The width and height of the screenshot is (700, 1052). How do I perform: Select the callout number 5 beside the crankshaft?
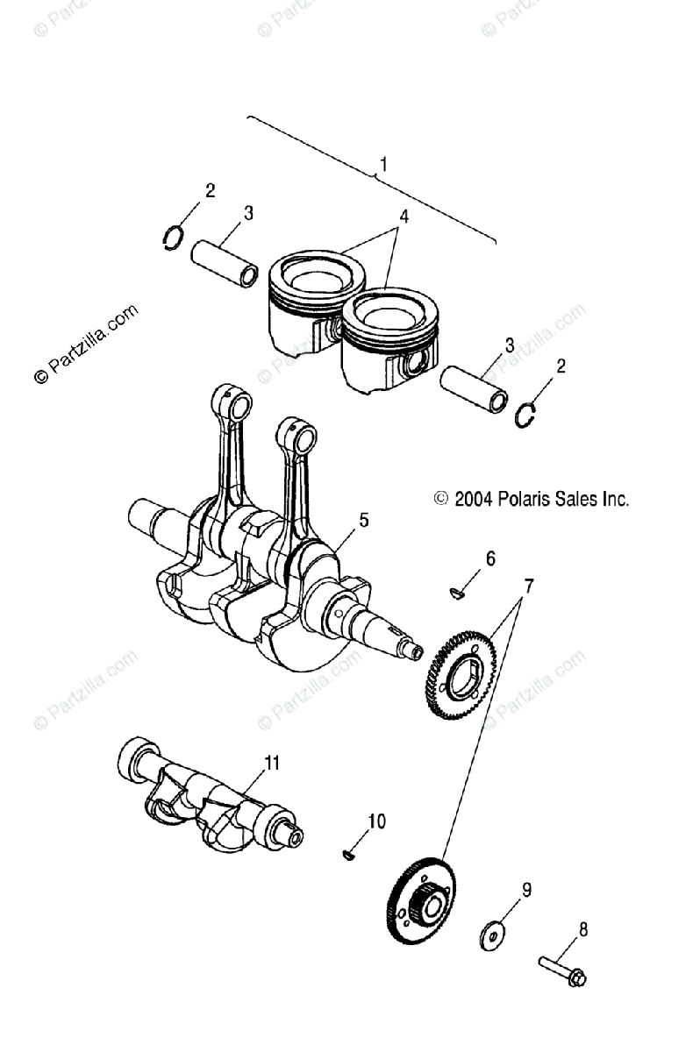[363, 520]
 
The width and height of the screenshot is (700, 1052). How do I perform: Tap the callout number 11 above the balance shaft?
[272, 762]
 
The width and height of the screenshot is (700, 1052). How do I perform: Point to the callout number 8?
[583, 928]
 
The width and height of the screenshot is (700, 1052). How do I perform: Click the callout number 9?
[526, 890]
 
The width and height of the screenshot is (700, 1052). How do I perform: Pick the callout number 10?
[376, 821]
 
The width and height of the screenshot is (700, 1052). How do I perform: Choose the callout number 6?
[490, 558]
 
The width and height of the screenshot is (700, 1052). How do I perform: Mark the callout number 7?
[528, 584]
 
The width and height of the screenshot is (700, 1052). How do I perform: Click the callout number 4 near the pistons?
[403, 216]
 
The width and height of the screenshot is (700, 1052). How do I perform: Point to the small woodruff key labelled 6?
[457, 594]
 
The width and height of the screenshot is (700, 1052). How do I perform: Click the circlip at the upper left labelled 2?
[175, 237]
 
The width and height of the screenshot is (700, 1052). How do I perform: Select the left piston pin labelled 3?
[225, 263]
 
